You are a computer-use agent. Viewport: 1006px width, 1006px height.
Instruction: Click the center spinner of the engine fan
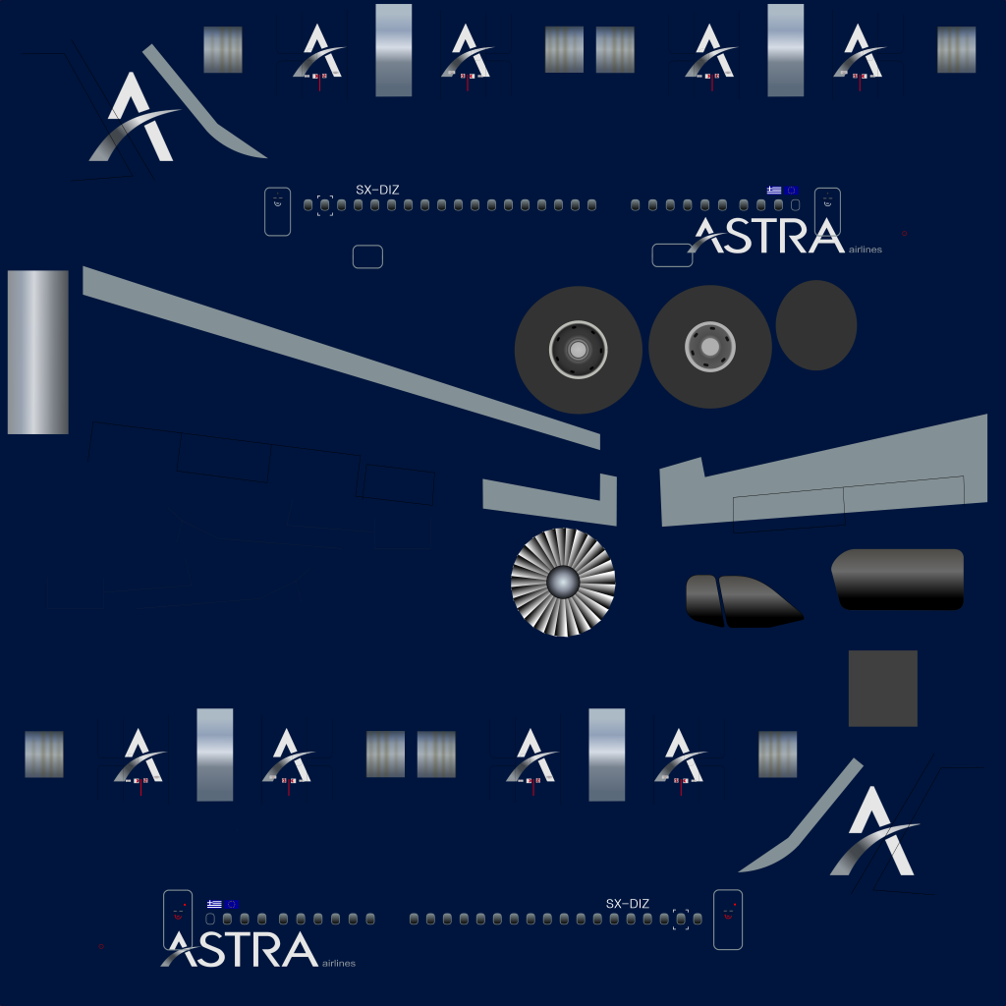pos(563,583)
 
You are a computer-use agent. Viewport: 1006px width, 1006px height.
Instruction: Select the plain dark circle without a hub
pos(816,325)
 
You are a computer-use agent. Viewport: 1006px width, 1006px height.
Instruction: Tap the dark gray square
pos(883,689)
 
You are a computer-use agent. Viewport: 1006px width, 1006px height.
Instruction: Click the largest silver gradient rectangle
pos(38,353)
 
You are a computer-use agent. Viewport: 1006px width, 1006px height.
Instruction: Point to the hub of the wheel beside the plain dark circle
pos(709,347)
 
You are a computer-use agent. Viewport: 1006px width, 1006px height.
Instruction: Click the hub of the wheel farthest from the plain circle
pos(578,350)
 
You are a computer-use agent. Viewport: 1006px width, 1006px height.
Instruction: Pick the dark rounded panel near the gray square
pos(898,580)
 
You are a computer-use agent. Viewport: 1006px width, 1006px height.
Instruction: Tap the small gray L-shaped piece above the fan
pos(550,500)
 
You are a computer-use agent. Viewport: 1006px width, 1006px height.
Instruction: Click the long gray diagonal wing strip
pos(341,358)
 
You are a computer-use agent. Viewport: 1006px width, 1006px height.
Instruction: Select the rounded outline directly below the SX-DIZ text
pos(367,256)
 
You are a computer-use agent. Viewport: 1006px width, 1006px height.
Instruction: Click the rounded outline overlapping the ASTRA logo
pos(672,255)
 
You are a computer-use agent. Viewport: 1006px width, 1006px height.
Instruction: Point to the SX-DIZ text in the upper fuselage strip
pos(377,190)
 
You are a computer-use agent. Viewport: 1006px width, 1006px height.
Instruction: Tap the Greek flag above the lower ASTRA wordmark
pos(214,904)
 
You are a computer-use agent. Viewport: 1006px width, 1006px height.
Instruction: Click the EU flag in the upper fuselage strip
pos(792,190)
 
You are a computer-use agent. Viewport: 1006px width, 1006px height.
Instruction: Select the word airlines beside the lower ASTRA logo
pos(339,963)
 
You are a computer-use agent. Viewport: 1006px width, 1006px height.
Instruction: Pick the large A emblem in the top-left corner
pos(136,118)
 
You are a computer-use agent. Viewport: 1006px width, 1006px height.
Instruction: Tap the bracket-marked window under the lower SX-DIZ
pos(681,920)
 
